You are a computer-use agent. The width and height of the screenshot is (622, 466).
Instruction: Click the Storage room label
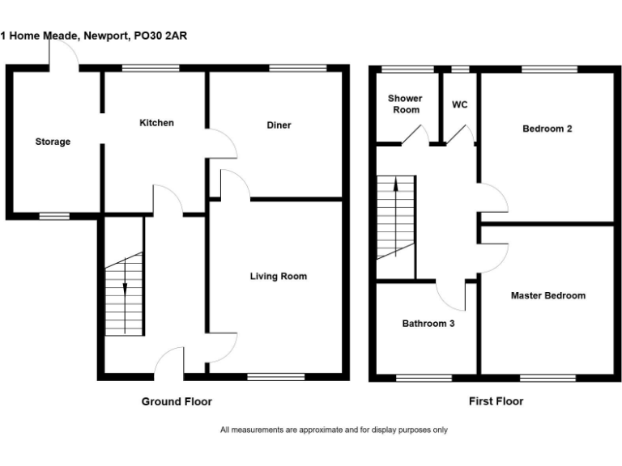coord(53,142)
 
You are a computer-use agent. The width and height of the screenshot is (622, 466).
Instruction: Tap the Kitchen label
coord(156,123)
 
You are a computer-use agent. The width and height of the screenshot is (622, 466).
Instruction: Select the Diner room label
coord(279,125)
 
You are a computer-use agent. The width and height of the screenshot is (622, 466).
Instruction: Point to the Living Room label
coord(278,277)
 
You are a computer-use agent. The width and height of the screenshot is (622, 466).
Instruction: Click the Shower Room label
coord(406,104)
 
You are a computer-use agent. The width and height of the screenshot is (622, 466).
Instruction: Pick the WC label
coord(459,105)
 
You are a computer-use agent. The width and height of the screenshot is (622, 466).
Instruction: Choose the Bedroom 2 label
coord(547,129)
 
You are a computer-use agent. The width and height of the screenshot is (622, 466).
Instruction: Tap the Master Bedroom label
coord(547,296)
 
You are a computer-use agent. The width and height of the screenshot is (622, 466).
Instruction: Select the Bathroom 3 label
coord(428,324)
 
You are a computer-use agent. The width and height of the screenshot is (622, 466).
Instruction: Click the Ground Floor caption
coord(177,401)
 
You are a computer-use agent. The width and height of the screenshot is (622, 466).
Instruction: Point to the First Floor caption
coord(496,401)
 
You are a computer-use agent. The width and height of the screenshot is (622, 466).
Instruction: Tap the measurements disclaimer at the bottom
coord(334,430)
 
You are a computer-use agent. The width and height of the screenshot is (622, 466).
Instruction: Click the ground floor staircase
coord(124,295)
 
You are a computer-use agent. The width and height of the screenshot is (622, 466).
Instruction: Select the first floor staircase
coord(395,218)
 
